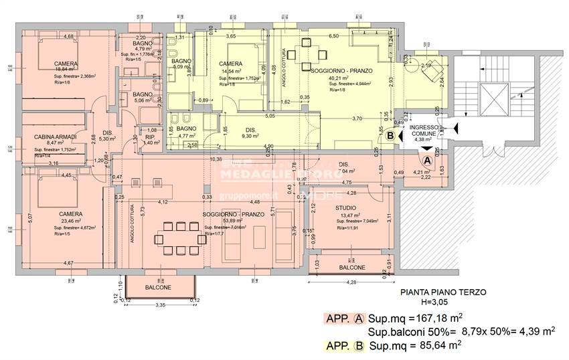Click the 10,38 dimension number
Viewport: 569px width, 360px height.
[x=216, y=159]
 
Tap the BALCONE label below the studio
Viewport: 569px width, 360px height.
[x=351, y=267]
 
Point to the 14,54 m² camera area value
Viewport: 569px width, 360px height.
[x=234, y=71]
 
